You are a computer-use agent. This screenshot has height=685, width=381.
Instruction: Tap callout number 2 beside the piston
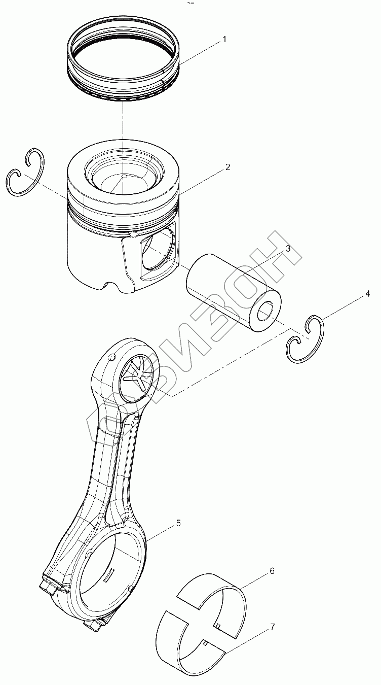tap(228, 167)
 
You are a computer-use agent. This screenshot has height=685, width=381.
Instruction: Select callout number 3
tap(287, 249)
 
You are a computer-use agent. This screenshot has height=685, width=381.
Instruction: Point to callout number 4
tap(368, 294)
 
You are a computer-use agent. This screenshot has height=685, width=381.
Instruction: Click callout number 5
tap(178, 523)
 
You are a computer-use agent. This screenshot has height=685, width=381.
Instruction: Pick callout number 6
tap(272, 571)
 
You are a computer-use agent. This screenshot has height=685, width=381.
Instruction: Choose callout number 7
tap(272, 627)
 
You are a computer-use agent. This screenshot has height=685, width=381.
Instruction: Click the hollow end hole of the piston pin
tap(267, 311)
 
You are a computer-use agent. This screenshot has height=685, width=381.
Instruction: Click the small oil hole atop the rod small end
tap(110, 358)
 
